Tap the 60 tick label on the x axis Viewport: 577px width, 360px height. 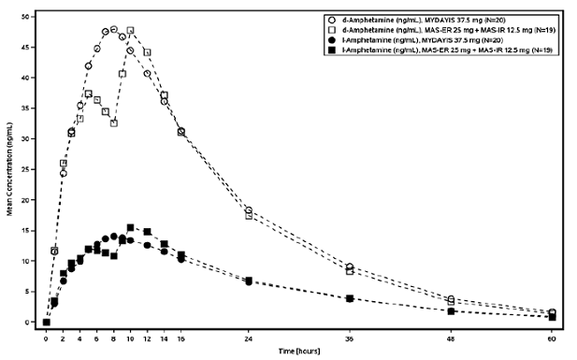[552, 336]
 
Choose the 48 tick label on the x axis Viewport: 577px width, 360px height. [451, 336]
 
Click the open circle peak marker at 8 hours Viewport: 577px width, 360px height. [114, 29]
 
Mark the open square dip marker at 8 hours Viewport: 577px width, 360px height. [114, 122]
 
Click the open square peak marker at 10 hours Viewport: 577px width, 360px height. [131, 31]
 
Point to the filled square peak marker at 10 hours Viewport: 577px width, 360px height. [131, 227]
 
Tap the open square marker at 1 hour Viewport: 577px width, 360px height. [54, 250]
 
